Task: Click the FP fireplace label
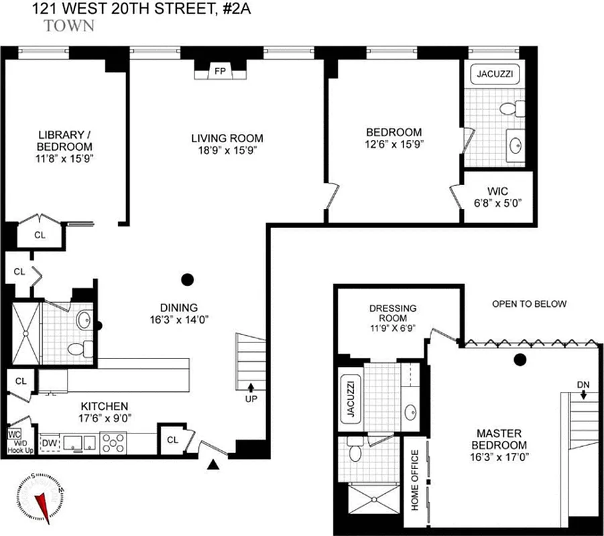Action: pyautogui.click(x=219, y=70)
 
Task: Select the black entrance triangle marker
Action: pyautogui.click(x=214, y=464)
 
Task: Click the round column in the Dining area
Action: pyautogui.click(x=188, y=279)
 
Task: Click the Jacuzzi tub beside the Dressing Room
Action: pyautogui.click(x=350, y=397)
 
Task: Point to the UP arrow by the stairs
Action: pyautogui.click(x=251, y=391)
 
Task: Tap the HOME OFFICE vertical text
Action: pyautogui.click(x=415, y=480)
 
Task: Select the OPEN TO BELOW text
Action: pyautogui.click(x=529, y=304)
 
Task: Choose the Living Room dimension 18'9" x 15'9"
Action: pyautogui.click(x=227, y=150)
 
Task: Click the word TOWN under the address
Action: pyautogui.click(x=68, y=26)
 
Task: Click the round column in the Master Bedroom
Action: pyautogui.click(x=519, y=360)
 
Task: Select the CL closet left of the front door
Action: pyautogui.click(x=172, y=440)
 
